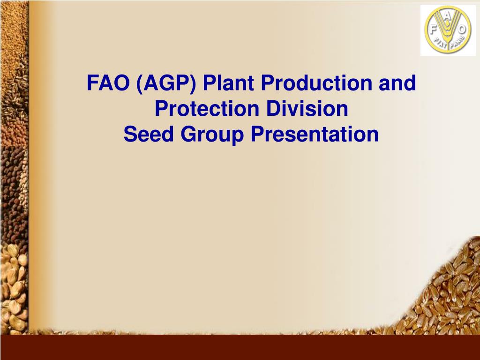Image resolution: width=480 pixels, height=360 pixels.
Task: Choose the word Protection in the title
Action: click(208, 109)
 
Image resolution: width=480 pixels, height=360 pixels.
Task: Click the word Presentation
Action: click(314, 134)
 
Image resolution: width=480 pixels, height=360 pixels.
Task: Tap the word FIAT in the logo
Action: click(438, 44)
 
